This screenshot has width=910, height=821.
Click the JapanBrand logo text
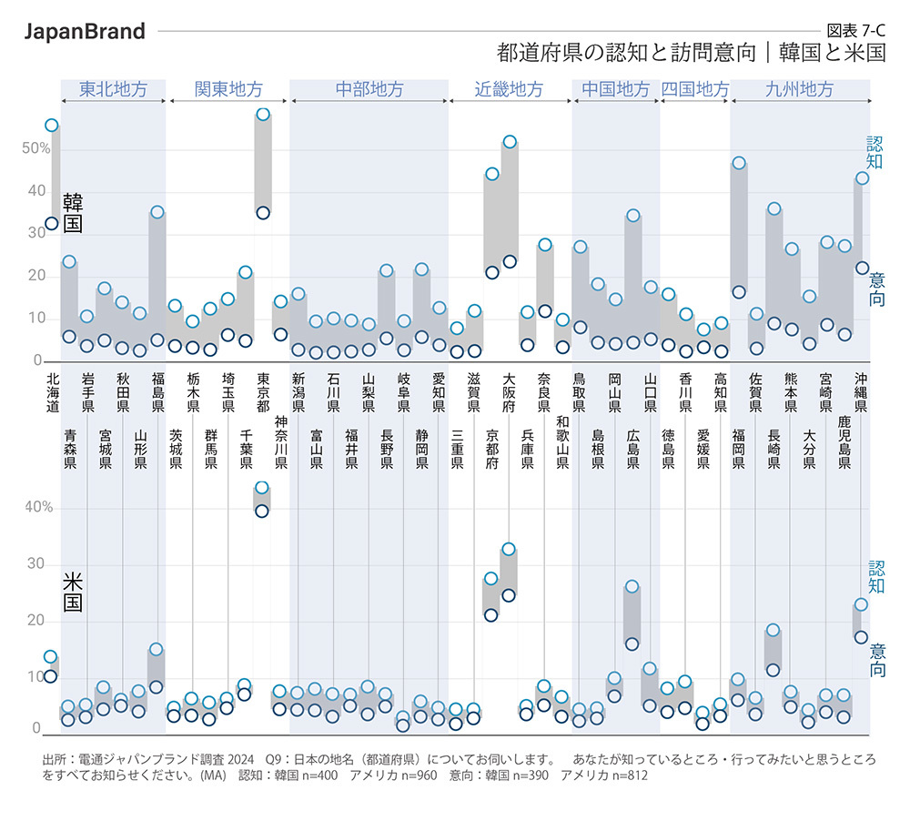tap(85, 32)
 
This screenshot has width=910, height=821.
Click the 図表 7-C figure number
tap(855, 29)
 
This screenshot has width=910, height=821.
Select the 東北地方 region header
tap(113, 89)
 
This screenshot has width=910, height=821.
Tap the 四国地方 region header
tap(695, 89)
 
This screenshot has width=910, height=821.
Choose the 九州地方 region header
tap(799, 89)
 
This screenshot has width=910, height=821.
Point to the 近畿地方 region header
tap(510, 89)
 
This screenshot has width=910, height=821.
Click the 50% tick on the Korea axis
tap(36, 148)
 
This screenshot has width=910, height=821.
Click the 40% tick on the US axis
tap(36, 508)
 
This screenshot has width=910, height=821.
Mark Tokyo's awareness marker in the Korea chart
tap(263, 115)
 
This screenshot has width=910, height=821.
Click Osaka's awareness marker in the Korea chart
tap(510, 142)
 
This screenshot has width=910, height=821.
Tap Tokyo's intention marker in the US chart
tap(262, 511)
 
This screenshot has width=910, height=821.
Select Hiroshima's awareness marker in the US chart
tap(632, 586)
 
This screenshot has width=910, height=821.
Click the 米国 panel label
tap(72, 591)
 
